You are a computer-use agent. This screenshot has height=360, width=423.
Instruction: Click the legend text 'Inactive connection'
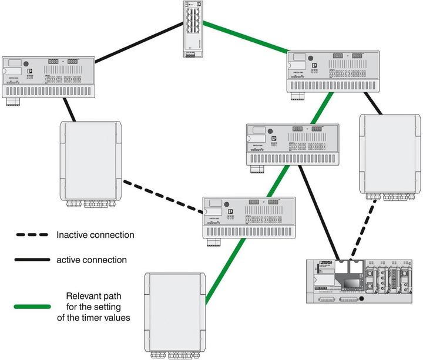95,235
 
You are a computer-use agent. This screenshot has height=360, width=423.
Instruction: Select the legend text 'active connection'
92,259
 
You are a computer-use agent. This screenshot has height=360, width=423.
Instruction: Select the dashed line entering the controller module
364,229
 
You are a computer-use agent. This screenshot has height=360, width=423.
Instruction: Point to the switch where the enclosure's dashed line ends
242,217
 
